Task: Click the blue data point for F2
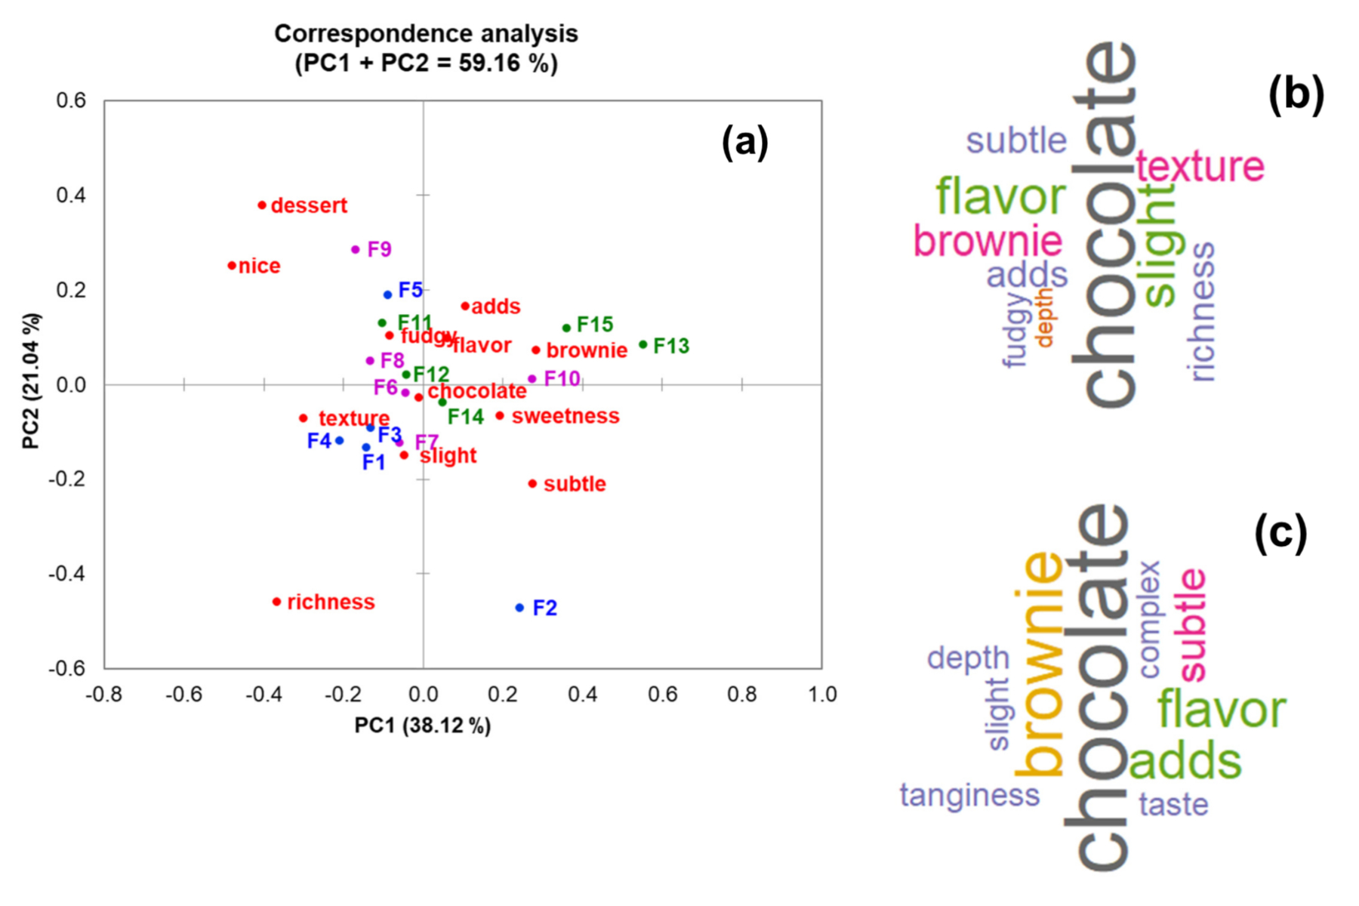(519, 608)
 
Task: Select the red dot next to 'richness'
(276, 602)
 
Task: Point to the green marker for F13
(643, 345)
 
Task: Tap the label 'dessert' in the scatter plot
(309, 205)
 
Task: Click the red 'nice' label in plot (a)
(259, 266)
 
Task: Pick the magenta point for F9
(356, 249)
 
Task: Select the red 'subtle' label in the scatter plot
(575, 484)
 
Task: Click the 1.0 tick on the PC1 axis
(822, 694)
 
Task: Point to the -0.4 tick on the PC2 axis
(66, 574)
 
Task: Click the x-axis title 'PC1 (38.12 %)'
(423, 726)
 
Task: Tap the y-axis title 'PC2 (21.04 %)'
(31, 381)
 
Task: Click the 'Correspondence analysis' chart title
(426, 34)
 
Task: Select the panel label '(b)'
(1296, 95)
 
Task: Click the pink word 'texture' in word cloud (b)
(1200, 166)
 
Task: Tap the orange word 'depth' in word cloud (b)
(1044, 317)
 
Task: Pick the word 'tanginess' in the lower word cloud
(969, 795)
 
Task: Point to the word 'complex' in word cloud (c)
(1149, 619)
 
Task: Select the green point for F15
(566, 328)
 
